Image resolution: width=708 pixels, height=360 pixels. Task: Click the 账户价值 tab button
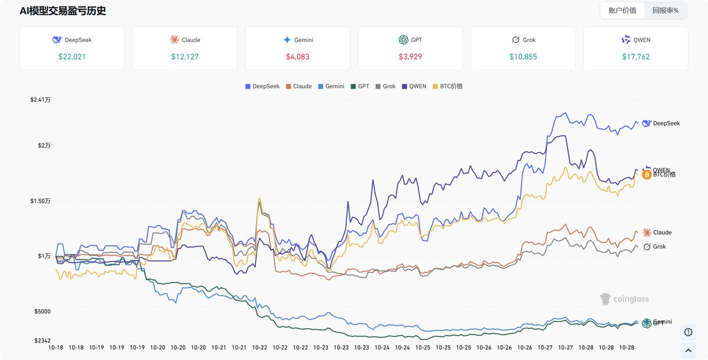[622, 11]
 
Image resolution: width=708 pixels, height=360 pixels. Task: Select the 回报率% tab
[666, 11]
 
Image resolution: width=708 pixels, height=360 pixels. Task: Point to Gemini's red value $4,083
[297, 57]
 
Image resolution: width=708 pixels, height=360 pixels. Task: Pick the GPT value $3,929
[410, 57]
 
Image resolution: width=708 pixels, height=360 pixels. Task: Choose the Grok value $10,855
[523, 57]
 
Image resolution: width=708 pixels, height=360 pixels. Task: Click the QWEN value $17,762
[635, 57]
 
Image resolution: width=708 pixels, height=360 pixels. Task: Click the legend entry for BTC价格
[448, 86]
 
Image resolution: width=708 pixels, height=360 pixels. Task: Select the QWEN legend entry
[414, 86]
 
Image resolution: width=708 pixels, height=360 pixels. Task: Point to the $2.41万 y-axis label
[40, 100]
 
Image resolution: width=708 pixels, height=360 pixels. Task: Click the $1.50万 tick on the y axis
[40, 201]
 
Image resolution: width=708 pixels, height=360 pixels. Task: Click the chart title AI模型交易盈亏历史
[63, 11]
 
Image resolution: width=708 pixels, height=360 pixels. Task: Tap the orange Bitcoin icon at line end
[647, 175]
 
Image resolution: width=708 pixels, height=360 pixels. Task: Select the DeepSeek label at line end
[666, 123]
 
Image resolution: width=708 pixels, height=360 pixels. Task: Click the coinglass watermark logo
[624, 299]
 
